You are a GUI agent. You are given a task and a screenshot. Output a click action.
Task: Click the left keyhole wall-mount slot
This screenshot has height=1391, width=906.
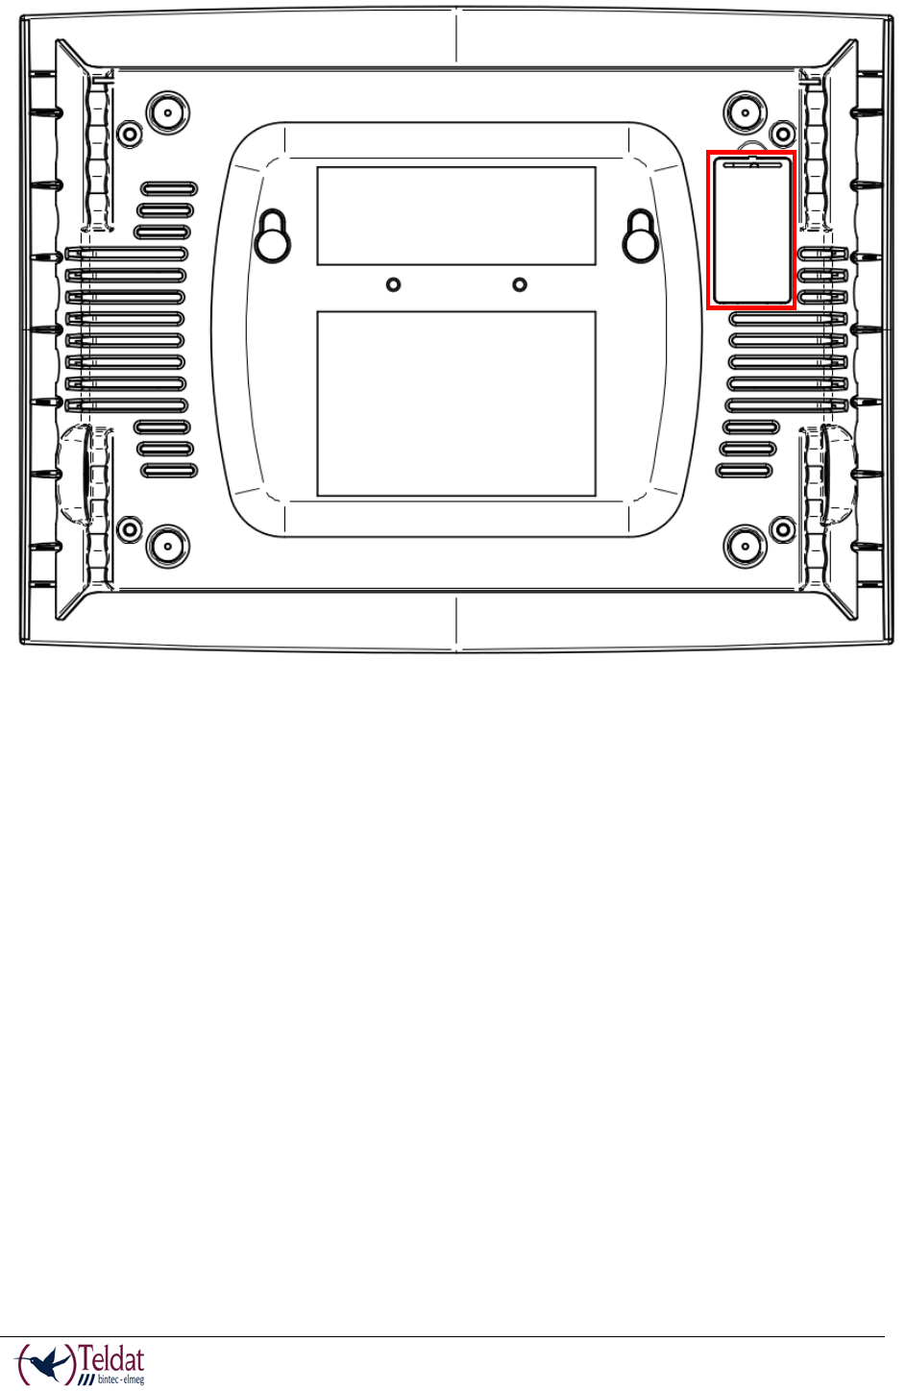(x=273, y=236)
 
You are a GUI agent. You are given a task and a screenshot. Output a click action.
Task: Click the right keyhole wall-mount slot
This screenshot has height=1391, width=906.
(x=640, y=236)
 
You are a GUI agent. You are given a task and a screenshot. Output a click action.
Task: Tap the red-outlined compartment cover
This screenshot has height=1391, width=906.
(x=751, y=231)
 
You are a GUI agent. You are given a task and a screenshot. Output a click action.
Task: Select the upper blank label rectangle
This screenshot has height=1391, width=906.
(x=456, y=215)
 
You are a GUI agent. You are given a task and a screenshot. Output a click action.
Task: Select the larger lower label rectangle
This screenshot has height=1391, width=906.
(x=456, y=403)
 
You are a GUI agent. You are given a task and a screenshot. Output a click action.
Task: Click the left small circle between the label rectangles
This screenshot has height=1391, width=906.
(x=393, y=284)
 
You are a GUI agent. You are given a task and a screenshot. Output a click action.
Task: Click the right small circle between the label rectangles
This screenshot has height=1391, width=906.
(x=520, y=284)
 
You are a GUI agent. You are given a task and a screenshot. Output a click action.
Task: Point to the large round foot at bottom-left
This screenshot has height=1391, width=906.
(x=167, y=546)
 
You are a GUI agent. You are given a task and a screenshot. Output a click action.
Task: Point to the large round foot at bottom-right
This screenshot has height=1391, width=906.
(x=745, y=546)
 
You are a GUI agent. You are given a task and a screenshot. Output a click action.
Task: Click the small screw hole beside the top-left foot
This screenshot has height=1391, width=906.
(x=129, y=133)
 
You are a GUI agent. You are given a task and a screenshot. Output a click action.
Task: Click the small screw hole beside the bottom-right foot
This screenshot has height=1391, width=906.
(x=783, y=527)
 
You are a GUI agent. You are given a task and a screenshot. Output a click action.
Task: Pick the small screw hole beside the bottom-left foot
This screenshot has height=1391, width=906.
(x=129, y=527)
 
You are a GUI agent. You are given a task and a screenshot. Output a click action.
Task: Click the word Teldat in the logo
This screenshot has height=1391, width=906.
(x=112, y=1359)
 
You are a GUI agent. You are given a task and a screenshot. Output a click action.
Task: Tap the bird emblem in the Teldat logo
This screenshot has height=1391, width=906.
(x=49, y=1362)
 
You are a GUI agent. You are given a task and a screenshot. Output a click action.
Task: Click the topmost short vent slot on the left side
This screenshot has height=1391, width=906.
(x=170, y=188)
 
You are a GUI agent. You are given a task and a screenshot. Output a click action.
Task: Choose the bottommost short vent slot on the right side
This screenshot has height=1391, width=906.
(x=744, y=471)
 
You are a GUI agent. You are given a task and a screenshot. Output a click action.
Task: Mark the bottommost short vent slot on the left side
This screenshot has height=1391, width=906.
(x=169, y=471)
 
